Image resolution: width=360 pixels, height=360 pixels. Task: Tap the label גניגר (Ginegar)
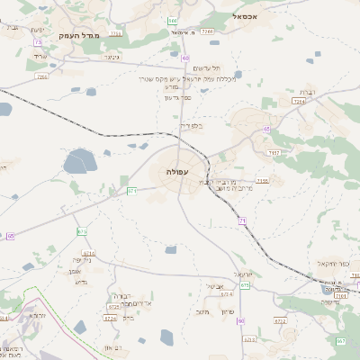click(x=112, y=57)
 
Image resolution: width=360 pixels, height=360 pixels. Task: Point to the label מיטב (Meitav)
click(x=202, y=311)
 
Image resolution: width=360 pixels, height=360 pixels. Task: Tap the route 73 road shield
click(x=38, y=42)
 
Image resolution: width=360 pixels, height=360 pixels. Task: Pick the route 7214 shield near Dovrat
click(x=299, y=103)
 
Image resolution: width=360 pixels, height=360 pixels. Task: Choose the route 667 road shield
click(x=83, y=231)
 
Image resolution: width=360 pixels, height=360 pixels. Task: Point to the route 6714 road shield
click(x=227, y=294)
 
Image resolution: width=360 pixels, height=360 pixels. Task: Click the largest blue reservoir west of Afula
click(x=79, y=162)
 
